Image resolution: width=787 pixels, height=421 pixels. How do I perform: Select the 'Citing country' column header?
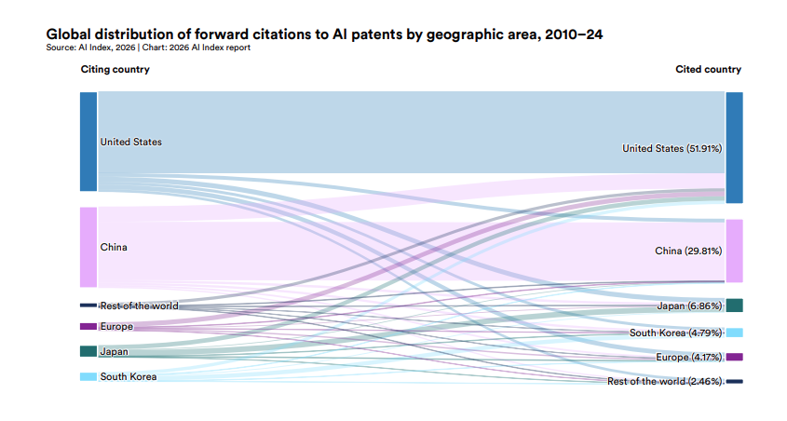click(115, 70)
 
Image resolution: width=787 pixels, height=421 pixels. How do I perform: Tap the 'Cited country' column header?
click(708, 70)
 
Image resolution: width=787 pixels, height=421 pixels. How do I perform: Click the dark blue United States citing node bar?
click(88, 142)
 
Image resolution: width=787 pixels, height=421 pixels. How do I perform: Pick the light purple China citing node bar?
click(88, 247)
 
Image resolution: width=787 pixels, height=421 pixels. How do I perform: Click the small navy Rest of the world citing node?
click(88, 306)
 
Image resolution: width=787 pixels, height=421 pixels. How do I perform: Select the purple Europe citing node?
click(88, 326)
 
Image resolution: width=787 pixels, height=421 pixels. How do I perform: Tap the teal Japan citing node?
click(88, 351)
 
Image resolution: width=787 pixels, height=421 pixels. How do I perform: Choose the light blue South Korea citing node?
click(88, 376)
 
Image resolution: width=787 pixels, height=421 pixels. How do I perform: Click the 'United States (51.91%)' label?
click(672, 148)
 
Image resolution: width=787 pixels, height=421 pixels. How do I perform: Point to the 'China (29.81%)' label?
click(688, 251)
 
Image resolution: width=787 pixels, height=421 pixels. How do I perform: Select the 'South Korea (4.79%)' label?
click(675, 333)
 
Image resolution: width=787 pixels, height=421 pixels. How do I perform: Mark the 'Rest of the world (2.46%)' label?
click(664, 381)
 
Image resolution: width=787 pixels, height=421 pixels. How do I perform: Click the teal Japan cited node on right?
click(734, 306)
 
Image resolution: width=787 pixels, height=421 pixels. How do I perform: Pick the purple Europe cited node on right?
click(734, 357)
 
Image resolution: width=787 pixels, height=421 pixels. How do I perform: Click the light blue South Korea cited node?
click(734, 333)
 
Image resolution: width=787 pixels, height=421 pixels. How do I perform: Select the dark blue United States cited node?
click(734, 147)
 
